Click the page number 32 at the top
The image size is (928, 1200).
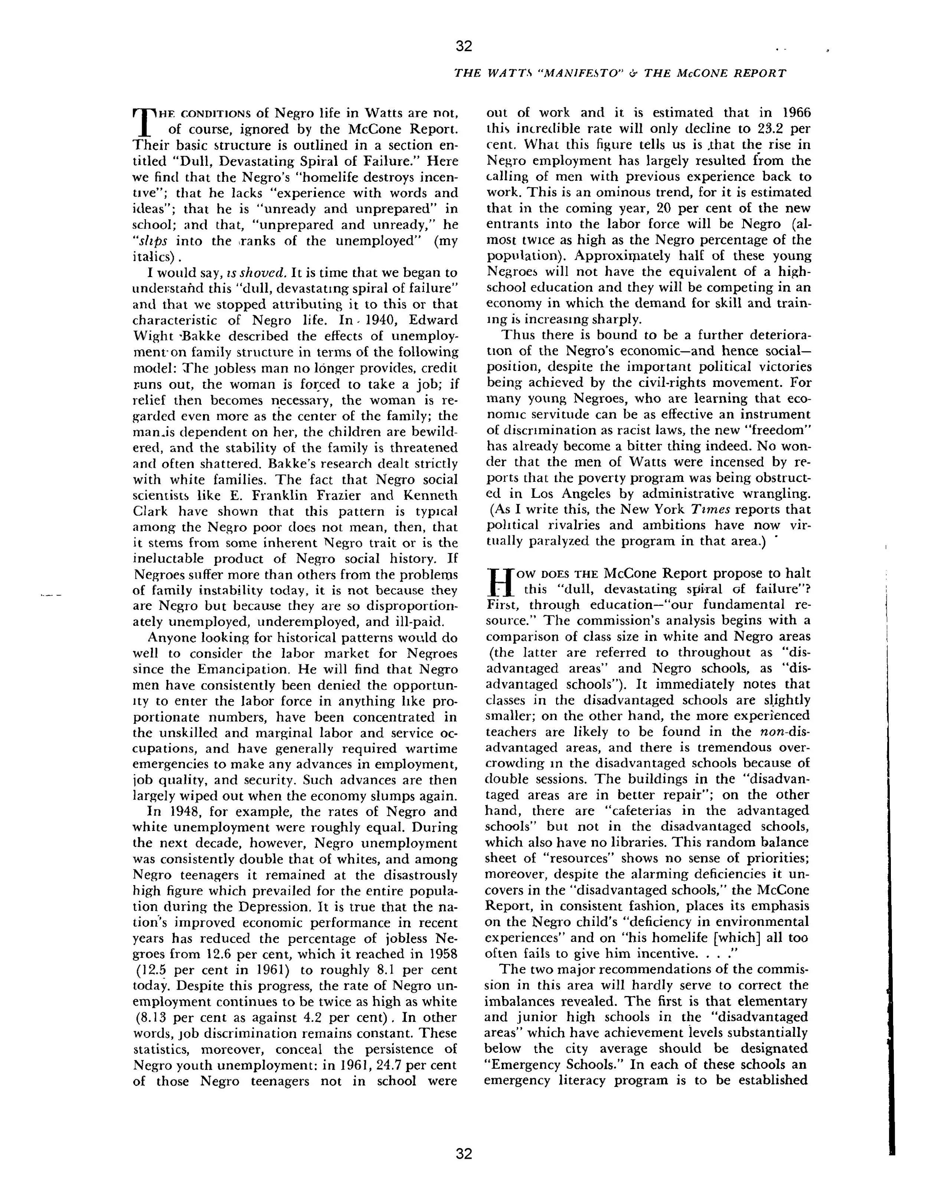click(464, 46)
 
